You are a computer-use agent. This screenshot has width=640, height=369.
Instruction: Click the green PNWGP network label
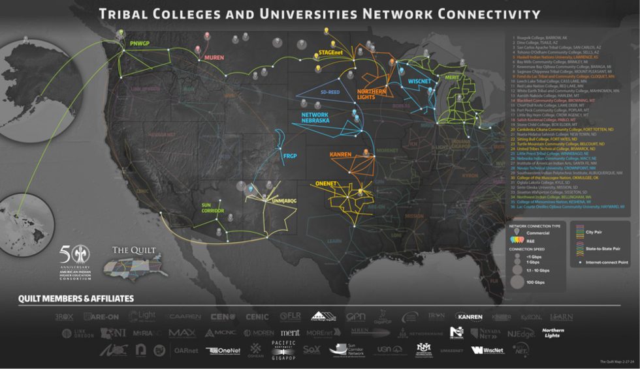pos(140,44)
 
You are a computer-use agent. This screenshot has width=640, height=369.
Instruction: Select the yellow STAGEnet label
pos(331,52)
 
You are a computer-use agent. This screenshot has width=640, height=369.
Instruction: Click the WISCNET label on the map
pos(417,81)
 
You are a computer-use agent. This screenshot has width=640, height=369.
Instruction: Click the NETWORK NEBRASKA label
pos(315,117)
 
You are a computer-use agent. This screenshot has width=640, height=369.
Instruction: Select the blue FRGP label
pos(290,156)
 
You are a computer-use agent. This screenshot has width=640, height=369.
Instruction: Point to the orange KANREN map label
pos(341,155)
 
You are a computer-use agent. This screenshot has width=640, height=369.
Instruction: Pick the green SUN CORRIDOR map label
pos(214,209)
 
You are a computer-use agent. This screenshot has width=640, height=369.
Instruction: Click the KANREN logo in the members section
pos(468,317)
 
